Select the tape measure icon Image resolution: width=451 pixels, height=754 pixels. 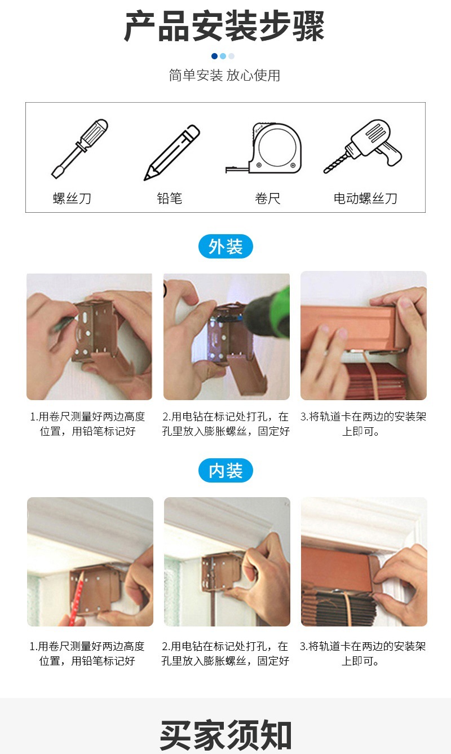point(267,148)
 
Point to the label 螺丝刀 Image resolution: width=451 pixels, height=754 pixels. point(72,199)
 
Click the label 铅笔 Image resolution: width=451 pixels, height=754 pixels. point(169,199)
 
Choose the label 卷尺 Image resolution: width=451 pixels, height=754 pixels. point(267,199)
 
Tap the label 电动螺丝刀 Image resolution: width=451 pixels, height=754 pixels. point(365,199)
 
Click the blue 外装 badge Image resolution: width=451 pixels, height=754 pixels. point(225,247)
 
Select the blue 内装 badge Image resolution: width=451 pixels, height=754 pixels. point(225,471)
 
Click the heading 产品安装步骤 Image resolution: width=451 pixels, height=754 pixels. point(225,26)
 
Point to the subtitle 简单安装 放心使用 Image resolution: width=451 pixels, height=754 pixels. point(225,75)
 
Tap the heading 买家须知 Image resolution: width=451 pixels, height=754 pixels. point(225,734)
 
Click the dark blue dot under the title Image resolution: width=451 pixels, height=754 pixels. point(214,56)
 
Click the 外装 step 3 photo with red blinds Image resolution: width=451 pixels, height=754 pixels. point(363,336)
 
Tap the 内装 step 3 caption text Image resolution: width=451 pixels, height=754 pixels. point(362,653)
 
